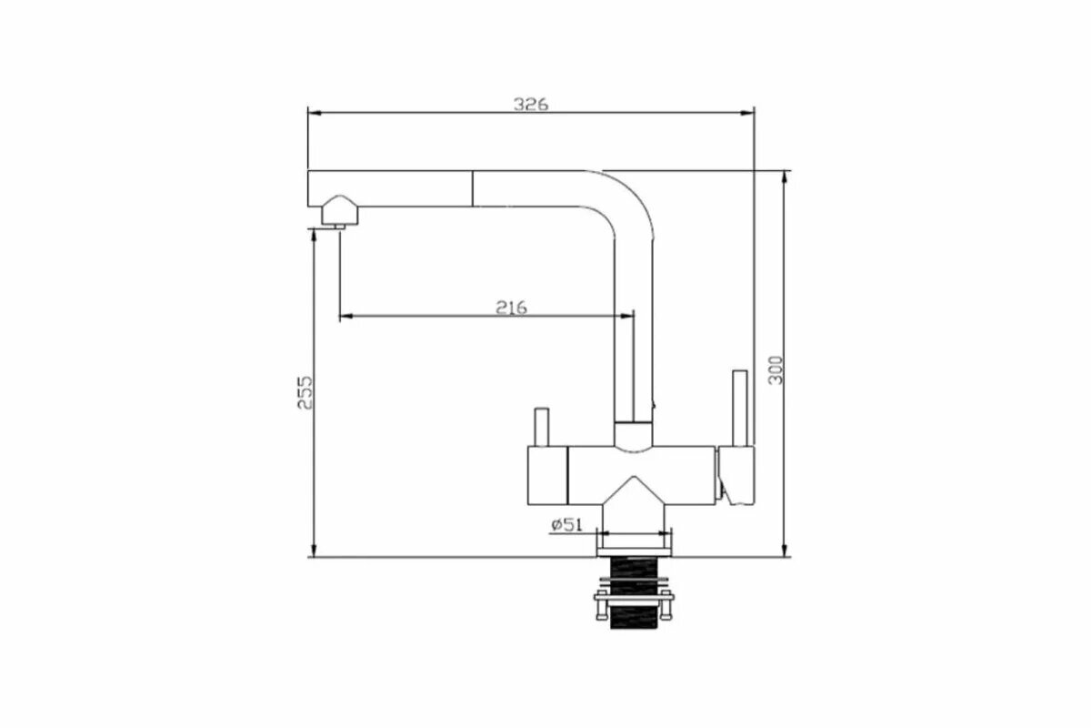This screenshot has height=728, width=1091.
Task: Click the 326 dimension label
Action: coord(530,104)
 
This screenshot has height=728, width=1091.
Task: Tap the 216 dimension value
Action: coord(511,308)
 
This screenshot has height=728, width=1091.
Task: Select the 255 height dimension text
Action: coord(305,392)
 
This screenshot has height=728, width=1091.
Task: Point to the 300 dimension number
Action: coord(776,370)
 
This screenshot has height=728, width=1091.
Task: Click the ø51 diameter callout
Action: coord(566,525)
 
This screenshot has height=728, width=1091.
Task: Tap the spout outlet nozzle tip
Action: coord(339,227)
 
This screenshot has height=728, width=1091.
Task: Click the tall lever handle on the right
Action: coord(740,408)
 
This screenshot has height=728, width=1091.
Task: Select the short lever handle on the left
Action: coord(542,427)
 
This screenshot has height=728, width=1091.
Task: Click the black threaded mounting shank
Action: coord(634,592)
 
